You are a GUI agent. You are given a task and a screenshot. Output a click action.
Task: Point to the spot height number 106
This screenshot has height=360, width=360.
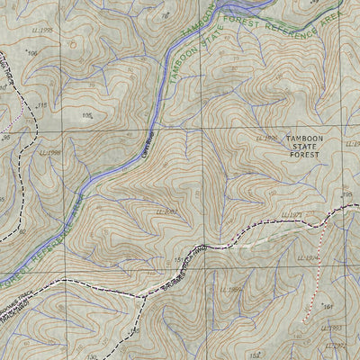[32, 54]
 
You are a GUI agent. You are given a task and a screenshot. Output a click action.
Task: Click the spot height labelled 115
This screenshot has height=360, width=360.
[40, 106]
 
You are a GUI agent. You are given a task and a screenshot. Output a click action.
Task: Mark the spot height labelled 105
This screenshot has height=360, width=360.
[87, 115]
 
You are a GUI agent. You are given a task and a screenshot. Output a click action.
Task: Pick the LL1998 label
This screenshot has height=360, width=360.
[50, 152]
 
